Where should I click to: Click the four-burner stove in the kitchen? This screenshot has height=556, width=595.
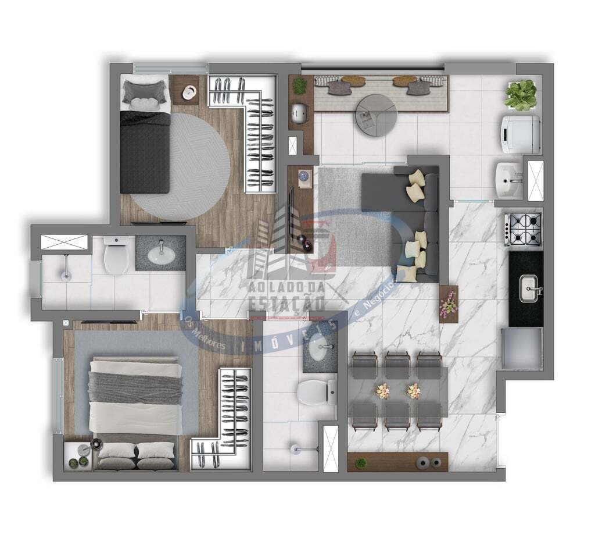523,229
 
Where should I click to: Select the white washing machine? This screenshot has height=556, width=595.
521,134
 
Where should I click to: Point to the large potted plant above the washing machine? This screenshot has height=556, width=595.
521,95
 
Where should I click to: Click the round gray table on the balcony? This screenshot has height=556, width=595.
376,115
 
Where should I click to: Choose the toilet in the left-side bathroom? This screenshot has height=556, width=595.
117,255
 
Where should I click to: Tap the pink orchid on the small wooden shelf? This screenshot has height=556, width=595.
449,304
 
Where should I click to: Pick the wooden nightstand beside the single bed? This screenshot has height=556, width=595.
185,90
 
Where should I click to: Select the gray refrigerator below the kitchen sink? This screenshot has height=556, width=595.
522,349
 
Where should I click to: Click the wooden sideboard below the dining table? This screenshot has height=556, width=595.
397,462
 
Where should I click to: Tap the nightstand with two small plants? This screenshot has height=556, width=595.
77,455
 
